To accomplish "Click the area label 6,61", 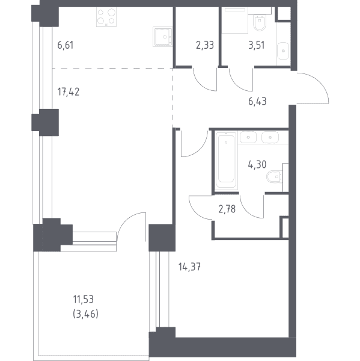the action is click(66, 45).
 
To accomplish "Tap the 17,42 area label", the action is click(69, 92).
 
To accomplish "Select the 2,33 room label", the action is click(205, 45).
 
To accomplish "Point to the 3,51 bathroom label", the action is click(257, 45).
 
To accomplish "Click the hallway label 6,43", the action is click(257, 101).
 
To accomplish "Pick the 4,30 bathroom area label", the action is click(257, 165).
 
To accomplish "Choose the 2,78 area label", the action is click(227, 209).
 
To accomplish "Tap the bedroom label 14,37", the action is click(189, 267).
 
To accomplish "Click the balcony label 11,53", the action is click(84, 300).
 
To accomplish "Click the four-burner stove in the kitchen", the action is click(106, 17).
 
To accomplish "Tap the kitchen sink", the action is click(163, 37).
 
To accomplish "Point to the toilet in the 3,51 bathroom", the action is click(260, 23).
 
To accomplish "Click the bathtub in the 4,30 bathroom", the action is click(227, 161).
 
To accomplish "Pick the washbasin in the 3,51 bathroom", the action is click(283, 51).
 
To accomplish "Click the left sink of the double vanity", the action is click(248, 137).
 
